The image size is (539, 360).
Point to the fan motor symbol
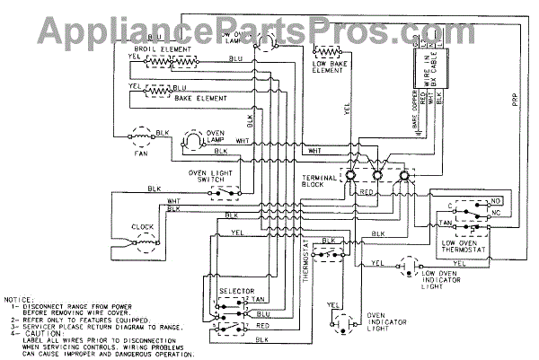click(x=140, y=136)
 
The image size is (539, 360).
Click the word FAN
click(x=139, y=153)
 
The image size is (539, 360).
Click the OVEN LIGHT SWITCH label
click(x=210, y=175)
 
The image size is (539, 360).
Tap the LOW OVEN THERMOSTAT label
click(x=465, y=247)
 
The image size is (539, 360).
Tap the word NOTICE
click(x=21, y=297)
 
